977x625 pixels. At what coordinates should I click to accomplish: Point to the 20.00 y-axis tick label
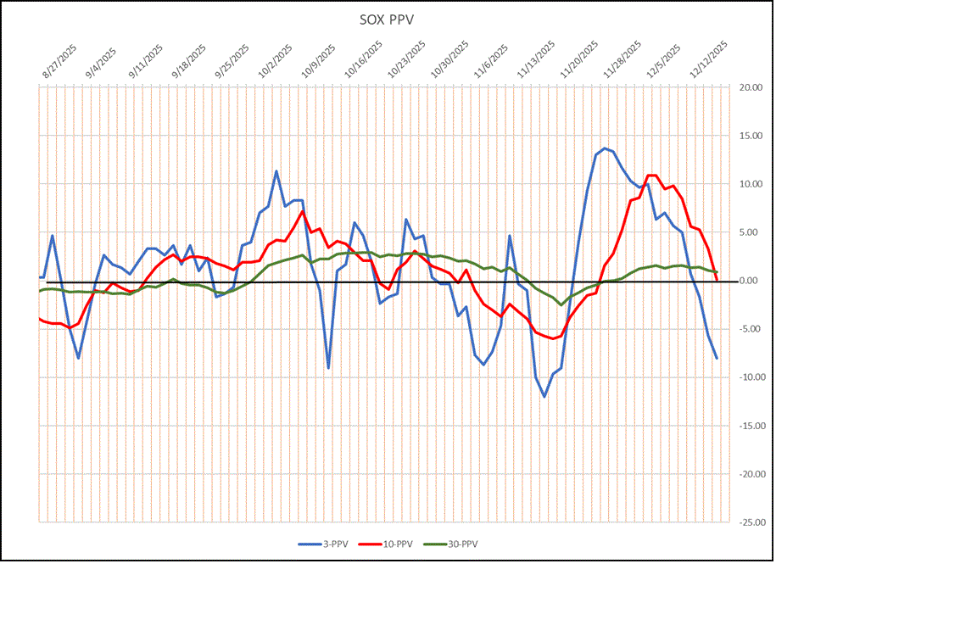pyautogui.click(x=751, y=87)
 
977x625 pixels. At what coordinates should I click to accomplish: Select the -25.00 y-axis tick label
pyautogui.click(x=751, y=522)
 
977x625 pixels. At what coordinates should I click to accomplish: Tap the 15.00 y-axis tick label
pyautogui.click(x=751, y=136)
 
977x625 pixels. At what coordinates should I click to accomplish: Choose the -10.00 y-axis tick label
pyautogui.click(x=751, y=377)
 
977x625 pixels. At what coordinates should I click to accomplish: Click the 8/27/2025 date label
pyautogui.click(x=59, y=62)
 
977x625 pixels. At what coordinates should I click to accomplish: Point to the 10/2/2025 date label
pyautogui.click(x=276, y=62)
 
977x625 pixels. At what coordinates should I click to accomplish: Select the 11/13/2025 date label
pyautogui.click(x=536, y=62)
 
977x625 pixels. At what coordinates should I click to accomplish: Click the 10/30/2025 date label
pyautogui.click(x=449, y=62)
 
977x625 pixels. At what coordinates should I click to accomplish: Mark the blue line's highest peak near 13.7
pyautogui.click(x=605, y=148)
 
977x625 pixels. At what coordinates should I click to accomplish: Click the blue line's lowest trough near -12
pyautogui.click(x=544, y=396)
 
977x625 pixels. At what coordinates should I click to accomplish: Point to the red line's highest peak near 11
pyautogui.click(x=651, y=176)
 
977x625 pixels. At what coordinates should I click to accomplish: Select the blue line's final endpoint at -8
pyautogui.click(x=717, y=358)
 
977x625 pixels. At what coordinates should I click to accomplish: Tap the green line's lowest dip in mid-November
pyautogui.click(x=561, y=304)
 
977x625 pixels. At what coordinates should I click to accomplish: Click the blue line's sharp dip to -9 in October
pyautogui.click(x=328, y=368)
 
